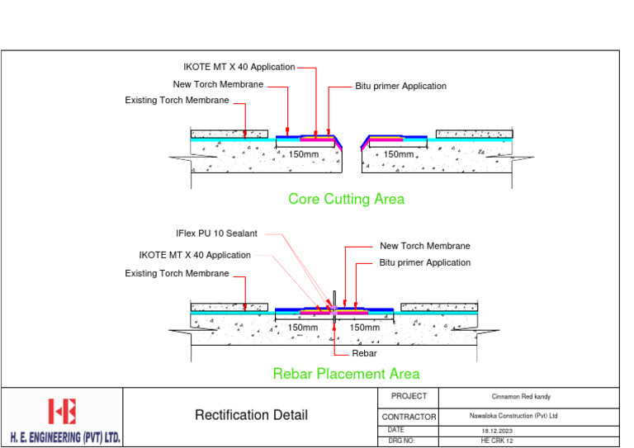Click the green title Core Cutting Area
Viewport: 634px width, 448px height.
346,199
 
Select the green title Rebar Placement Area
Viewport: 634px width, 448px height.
346,374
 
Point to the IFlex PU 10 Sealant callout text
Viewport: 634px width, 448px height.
216,234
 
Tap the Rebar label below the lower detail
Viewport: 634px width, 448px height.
364,353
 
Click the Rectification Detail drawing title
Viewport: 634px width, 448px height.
251,415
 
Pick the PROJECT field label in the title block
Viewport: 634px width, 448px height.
409,397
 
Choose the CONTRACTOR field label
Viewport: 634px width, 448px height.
409,417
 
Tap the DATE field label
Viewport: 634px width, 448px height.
396,431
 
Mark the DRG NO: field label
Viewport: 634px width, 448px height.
400,441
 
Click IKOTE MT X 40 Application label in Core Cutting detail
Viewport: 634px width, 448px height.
239,67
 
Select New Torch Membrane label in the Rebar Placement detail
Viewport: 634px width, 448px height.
424,246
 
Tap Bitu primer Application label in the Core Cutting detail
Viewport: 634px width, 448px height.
400,86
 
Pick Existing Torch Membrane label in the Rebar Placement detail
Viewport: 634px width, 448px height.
177,273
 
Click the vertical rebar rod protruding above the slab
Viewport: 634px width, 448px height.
334,299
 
